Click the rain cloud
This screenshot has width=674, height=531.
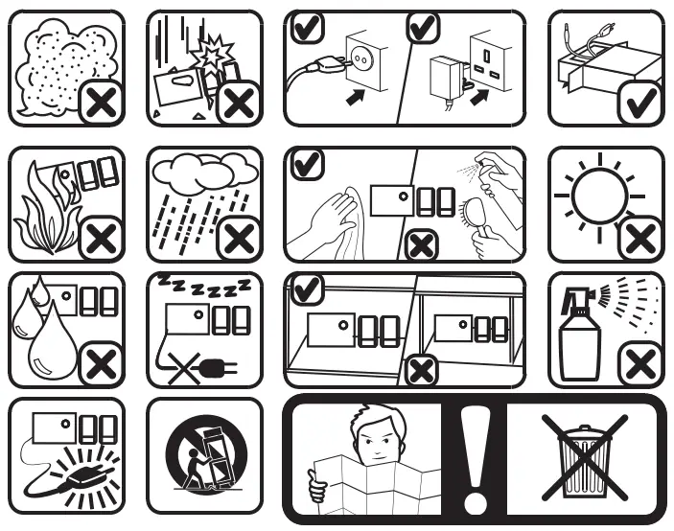point(204,175)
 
